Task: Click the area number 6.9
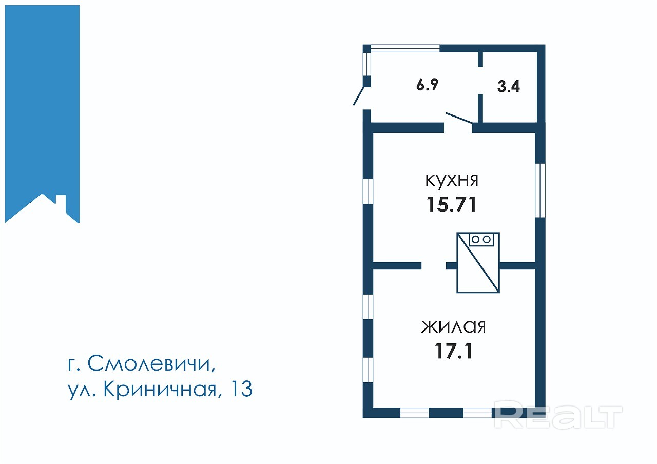tap(427, 85)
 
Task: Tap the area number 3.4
tap(508, 87)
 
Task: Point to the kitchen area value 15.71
tap(451, 204)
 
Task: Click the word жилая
tap(453, 327)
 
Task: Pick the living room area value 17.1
tap(453, 351)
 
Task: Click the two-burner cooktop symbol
tap(481, 240)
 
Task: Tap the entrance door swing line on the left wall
tap(359, 96)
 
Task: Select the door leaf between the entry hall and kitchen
tap(459, 118)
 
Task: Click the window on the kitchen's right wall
tap(540, 190)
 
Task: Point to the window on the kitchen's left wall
tap(368, 191)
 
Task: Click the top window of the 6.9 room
tap(405, 48)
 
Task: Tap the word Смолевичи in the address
tap(151, 364)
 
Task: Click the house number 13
tap(242, 389)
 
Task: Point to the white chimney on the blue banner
tap(61, 203)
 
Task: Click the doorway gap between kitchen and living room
tap(434, 266)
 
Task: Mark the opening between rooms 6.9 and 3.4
tap(480, 81)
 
